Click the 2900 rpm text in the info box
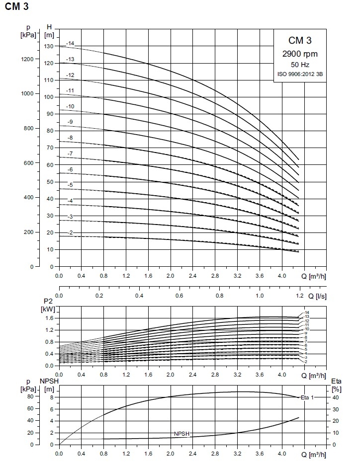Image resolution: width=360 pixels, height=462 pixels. pyautogui.click(x=300, y=54)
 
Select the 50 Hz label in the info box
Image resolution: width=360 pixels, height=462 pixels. pyautogui.click(x=300, y=65)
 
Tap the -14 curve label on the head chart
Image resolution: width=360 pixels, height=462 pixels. pyautogui.click(x=70, y=44)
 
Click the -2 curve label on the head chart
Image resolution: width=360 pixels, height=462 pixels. pyautogui.click(x=70, y=232)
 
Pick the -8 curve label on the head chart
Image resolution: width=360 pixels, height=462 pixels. pyautogui.click(x=70, y=138)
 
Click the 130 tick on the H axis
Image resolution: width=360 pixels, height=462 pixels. pyautogui.click(x=49, y=46)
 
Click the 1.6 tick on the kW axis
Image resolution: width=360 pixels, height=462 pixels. pyautogui.click(x=49, y=318)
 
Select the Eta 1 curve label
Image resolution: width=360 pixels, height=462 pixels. pyautogui.click(x=307, y=397)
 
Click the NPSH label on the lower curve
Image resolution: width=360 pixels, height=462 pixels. pyautogui.click(x=181, y=434)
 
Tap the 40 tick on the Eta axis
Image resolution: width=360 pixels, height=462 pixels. pyautogui.click(x=336, y=397)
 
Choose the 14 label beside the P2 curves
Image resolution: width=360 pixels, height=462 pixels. pyautogui.click(x=307, y=312)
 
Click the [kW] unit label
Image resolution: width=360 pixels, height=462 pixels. pyautogui.click(x=49, y=309)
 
